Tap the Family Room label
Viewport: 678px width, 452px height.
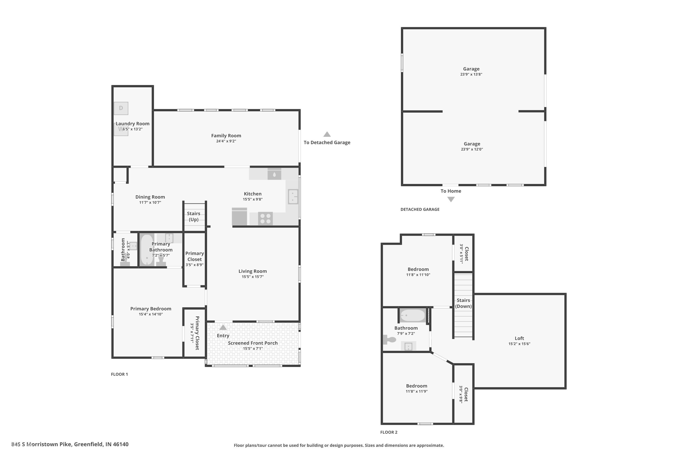pos(226,135)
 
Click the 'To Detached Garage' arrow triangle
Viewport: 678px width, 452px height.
pos(327,134)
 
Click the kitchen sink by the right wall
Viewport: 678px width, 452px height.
pos(293,197)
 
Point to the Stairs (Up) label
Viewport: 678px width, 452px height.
pos(193,217)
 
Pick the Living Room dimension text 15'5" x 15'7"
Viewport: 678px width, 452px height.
pos(253,277)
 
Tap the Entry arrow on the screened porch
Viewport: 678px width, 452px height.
pos(223,327)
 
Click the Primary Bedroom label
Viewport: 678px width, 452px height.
pos(151,309)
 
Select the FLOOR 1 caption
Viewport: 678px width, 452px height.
pos(119,374)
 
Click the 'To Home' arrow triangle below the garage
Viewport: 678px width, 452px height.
pos(451,199)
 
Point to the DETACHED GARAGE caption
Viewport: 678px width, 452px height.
pos(420,209)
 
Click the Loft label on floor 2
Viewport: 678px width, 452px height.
pos(519,338)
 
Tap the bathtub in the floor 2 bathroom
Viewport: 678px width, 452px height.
pos(413,315)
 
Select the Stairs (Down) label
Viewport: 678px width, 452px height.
pos(464,303)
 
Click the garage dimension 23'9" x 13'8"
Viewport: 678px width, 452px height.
pos(471,74)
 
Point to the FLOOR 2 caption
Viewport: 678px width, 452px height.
pos(389,432)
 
